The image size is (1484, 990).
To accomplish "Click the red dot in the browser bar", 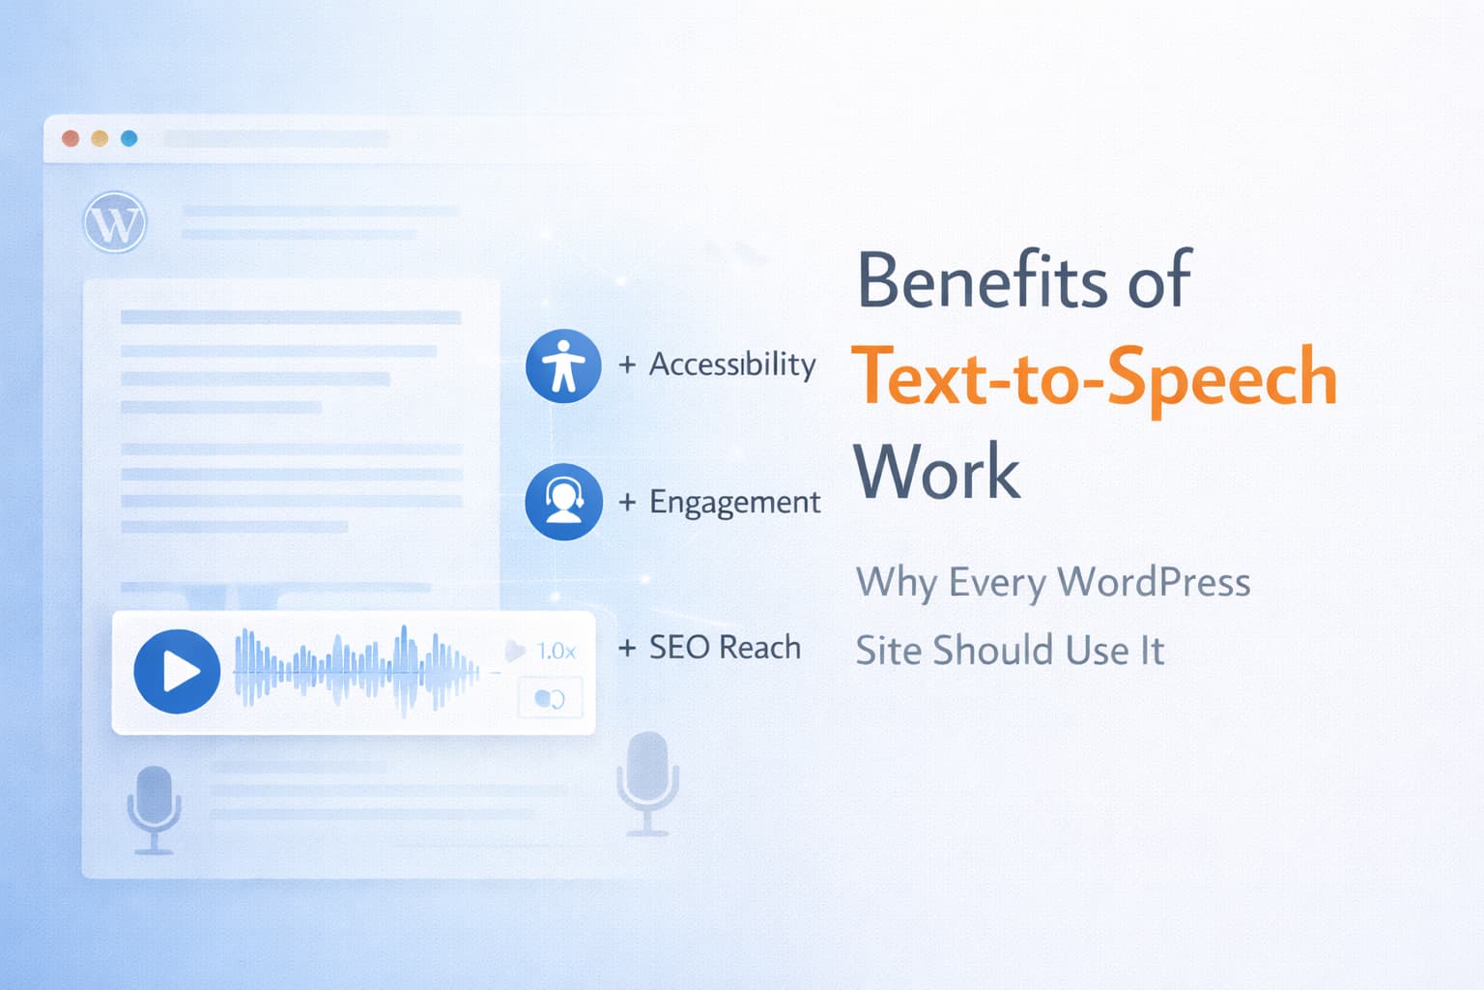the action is point(71,138).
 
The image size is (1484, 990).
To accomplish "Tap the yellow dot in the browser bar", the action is point(100,138).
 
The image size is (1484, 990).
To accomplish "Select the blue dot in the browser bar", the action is point(129,138).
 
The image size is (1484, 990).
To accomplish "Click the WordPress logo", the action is point(115,222).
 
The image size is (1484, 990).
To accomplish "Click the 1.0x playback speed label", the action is point(556,652).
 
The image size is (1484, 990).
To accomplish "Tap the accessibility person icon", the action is point(563,366).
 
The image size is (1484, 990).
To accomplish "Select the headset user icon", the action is point(564,502).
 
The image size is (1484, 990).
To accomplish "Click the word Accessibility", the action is point(732,364).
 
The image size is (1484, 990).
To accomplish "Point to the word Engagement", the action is point(734,502).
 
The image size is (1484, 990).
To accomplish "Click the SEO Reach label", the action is point(725,647).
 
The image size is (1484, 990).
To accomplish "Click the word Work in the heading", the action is point(937,471).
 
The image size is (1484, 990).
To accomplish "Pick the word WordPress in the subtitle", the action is point(1154,582).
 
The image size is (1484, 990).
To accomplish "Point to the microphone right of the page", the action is point(648,783).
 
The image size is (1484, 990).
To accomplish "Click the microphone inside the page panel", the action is point(154,809).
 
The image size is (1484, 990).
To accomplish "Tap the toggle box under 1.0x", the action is point(550,698).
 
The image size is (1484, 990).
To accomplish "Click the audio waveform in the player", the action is point(357,671).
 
